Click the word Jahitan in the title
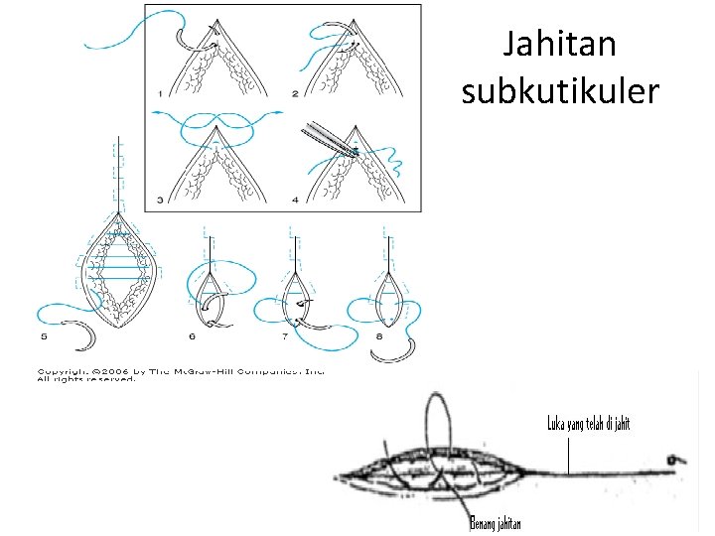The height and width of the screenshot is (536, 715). click(x=561, y=45)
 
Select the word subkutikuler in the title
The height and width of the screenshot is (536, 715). click(x=561, y=92)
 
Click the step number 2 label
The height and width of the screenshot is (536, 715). click(x=295, y=93)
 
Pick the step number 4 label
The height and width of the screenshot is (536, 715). click(x=295, y=201)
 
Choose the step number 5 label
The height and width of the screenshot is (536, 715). click(x=44, y=337)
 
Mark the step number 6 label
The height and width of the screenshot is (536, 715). click(x=193, y=337)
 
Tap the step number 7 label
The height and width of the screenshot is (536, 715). click(x=285, y=337)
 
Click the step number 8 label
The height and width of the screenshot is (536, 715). click(x=379, y=337)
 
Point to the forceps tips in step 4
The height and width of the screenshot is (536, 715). click(x=352, y=150)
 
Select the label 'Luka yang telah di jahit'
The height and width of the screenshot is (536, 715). click(x=589, y=424)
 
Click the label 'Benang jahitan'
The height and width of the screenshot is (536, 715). click(x=496, y=524)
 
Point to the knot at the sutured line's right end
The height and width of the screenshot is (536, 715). click(x=674, y=460)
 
